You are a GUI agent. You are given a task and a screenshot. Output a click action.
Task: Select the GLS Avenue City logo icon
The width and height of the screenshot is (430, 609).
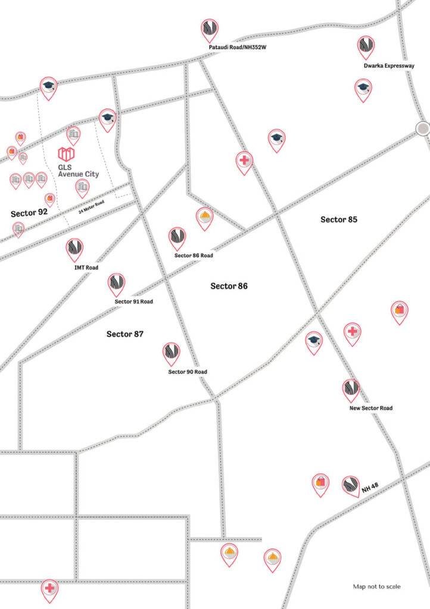(66, 154)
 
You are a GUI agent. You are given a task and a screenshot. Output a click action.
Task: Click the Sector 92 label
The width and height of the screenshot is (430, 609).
(29, 212)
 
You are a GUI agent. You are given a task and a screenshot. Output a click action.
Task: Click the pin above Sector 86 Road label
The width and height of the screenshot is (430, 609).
(177, 238)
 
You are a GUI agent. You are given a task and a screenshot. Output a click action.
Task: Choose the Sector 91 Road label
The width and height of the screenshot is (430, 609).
(133, 302)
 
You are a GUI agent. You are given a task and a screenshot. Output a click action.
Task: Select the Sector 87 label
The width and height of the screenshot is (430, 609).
(125, 334)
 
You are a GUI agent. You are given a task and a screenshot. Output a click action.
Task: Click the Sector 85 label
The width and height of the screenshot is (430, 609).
(339, 219)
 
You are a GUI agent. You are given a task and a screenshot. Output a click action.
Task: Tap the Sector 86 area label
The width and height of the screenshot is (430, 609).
(229, 286)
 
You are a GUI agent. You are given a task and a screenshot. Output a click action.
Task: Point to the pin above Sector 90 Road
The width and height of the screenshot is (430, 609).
(172, 353)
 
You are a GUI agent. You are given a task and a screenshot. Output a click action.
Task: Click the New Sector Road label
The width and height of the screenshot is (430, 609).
(370, 409)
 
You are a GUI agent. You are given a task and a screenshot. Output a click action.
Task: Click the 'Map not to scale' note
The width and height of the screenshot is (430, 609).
(376, 586)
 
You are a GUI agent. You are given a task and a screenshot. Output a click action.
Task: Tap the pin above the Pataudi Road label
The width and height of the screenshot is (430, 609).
(209, 29)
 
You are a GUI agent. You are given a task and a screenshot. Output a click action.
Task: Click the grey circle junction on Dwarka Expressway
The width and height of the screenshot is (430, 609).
(423, 128)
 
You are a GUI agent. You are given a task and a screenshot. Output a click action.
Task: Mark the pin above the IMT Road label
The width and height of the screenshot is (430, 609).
(74, 249)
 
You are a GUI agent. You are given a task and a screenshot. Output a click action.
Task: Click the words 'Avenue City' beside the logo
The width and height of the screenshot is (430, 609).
(78, 174)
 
